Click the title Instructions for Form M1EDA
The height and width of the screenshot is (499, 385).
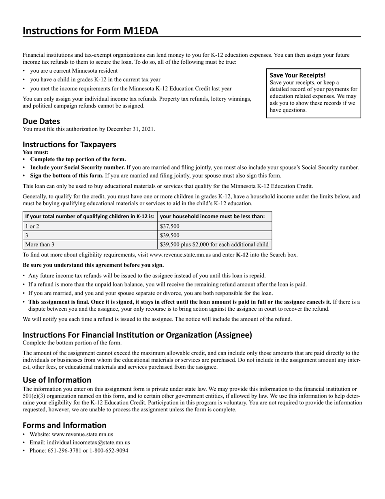point(90,31)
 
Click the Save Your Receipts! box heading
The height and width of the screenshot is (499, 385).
point(297,75)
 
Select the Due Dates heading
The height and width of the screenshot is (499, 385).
point(41,121)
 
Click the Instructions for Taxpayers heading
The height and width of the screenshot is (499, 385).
point(69,144)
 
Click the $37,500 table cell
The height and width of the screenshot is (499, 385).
point(170,226)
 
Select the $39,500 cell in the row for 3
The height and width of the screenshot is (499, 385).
point(170,235)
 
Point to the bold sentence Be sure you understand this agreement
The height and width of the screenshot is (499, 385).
point(94,265)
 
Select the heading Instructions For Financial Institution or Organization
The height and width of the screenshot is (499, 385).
point(137,335)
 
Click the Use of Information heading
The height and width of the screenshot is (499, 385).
point(57,380)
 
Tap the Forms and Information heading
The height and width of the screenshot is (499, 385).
point(64,425)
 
